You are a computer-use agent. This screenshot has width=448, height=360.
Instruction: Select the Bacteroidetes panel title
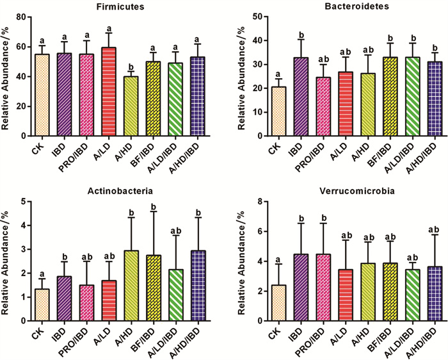339,6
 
